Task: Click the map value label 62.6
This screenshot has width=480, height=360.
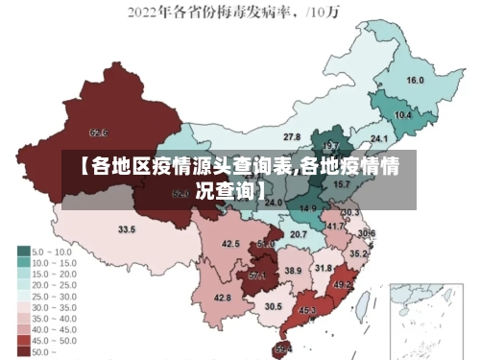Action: click(x=98, y=132)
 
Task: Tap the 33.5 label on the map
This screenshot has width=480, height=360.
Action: click(x=127, y=230)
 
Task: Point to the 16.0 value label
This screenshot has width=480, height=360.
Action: click(x=416, y=81)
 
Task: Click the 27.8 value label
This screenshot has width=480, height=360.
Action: click(x=292, y=137)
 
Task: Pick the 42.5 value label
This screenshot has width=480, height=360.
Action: click(x=230, y=245)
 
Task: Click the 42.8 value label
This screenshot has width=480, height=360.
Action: click(x=222, y=299)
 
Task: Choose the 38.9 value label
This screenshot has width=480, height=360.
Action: click(x=293, y=272)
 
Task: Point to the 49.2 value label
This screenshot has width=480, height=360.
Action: click(x=343, y=285)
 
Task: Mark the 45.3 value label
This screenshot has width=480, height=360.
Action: click(x=307, y=310)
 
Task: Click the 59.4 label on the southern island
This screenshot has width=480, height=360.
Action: click(x=283, y=348)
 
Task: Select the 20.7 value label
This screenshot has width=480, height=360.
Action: click(x=299, y=234)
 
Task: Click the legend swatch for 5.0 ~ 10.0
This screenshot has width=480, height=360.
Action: click(x=23, y=251)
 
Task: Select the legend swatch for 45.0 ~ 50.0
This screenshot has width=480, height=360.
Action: click(x=23, y=340)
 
